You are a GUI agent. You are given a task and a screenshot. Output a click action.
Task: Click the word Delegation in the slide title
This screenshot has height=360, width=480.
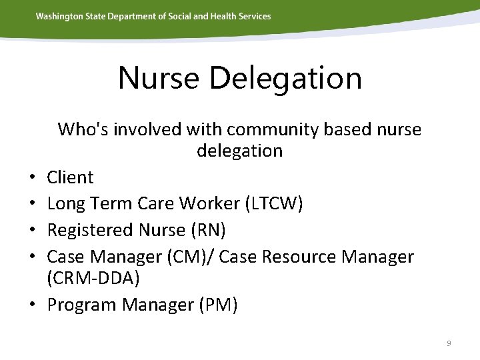pyautogui.click(x=285, y=78)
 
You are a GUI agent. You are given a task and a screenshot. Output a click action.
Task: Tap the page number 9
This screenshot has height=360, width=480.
pyautogui.click(x=449, y=343)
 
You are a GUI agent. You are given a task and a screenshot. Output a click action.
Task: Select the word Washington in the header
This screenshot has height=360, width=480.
pyautogui.click(x=60, y=16)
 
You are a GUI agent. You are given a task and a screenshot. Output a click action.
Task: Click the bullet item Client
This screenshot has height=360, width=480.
pyautogui.click(x=70, y=177)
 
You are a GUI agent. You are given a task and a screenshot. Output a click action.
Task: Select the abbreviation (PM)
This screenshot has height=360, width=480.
pyautogui.click(x=215, y=305)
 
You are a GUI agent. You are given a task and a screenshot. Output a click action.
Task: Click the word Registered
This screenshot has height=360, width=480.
pyautogui.click(x=90, y=230)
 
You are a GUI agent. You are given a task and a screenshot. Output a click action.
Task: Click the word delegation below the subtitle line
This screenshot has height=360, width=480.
pyautogui.click(x=239, y=151)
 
